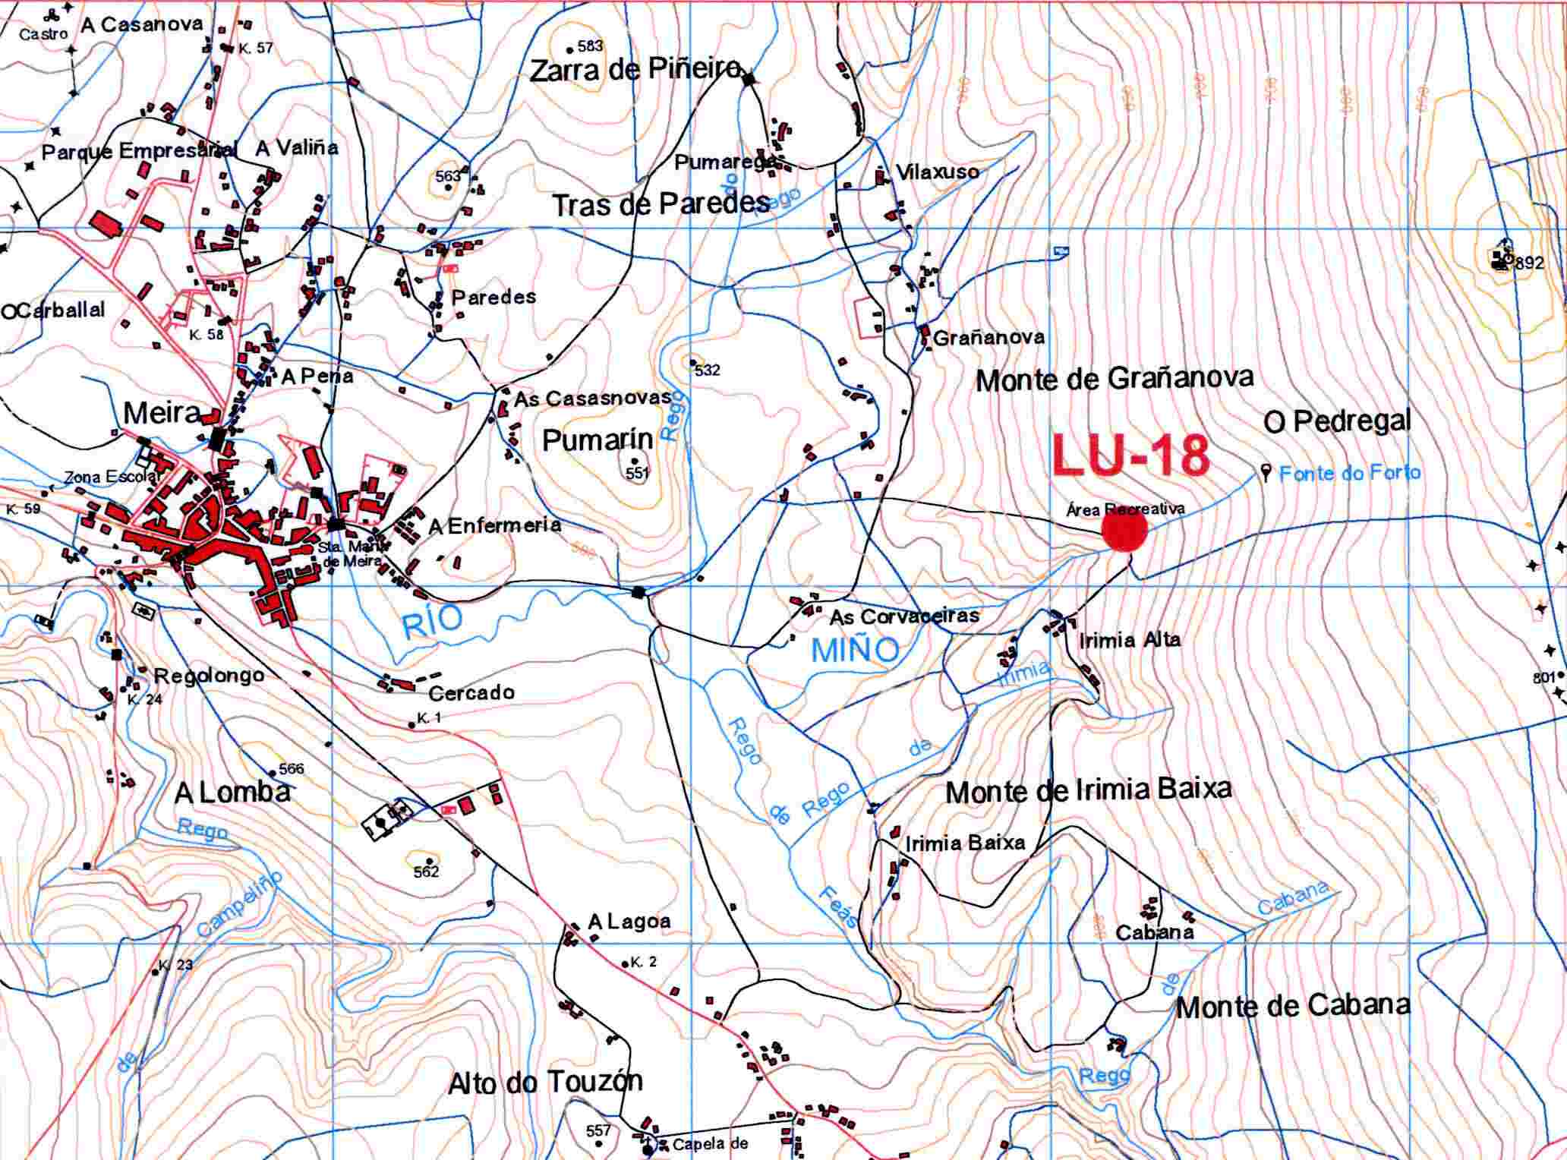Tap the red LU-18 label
(x=1130, y=456)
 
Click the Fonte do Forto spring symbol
(x=1266, y=473)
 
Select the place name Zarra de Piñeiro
(x=634, y=71)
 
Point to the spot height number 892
(x=1529, y=263)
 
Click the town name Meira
(x=161, y=413)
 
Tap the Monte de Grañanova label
(x=1114, y=379)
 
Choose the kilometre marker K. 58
(x=206, y=334)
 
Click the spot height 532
(x=707, y=370)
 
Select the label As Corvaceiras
(x=903, y=616)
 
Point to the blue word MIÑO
(x=855, y=651)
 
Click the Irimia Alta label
(x=1130, y=640)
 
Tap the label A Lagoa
(x=629, y=922)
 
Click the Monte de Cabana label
(x=1292, y=1007)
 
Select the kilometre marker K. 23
(x=175, y=965)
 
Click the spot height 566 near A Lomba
(x=291, y=768)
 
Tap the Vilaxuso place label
(x=938, y=172)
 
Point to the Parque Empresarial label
(x=138, y=151)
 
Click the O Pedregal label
(x=1337, y=421)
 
